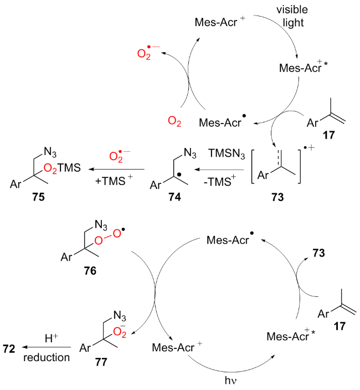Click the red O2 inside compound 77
pyautogui.click(x=112, y=333)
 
